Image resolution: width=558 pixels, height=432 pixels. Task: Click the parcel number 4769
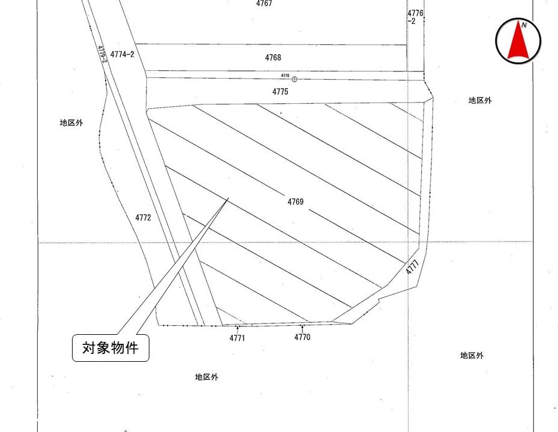(295, 202)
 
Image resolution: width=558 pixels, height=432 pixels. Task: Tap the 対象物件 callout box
(110, 347)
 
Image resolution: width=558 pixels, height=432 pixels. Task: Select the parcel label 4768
(273, 58)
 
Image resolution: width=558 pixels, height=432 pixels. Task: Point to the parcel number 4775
(280, 92)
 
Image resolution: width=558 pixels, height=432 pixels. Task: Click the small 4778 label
(285, 76)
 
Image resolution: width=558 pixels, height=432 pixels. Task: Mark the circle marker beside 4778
(294, 79)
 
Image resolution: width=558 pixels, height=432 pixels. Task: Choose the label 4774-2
(122, 54)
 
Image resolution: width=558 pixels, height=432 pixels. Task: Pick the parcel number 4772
(143, 218)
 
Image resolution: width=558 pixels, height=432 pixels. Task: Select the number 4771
(237, 338)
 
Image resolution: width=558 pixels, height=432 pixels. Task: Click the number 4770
(302, 337)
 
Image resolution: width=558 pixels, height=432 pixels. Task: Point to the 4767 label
(264, 4)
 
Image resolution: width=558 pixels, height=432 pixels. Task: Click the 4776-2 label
(415, 17)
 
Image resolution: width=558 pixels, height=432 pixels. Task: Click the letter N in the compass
(524, 25)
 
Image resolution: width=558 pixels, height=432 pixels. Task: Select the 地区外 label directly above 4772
(71, 122)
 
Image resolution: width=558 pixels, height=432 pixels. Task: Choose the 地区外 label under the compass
(480, 101)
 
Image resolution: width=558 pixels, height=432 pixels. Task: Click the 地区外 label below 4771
(206, 377)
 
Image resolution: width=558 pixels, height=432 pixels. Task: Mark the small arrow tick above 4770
(302, 328)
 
